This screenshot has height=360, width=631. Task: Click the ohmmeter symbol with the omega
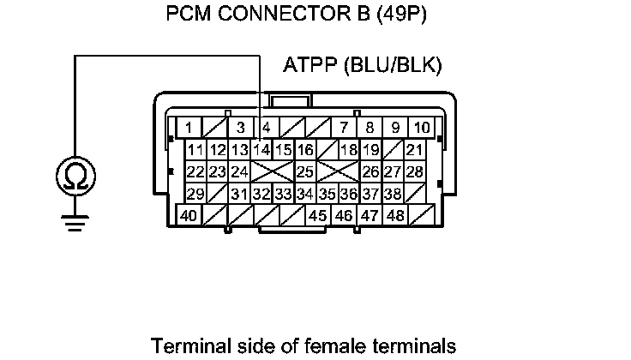point(75,177)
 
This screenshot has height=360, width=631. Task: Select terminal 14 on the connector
point(262,150)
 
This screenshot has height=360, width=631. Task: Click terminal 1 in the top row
point(188,129)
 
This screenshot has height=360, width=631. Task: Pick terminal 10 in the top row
point(421,129)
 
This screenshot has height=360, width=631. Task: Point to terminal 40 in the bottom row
point(188,216)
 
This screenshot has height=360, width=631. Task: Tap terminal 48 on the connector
point(395,216)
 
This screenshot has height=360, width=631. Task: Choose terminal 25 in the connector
point(305,171)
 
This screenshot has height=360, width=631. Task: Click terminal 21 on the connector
point(415,150)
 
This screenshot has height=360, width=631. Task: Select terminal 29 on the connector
point(195,194)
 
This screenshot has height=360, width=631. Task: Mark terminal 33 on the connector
point(284,194)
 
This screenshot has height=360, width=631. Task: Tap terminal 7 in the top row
point(344,129)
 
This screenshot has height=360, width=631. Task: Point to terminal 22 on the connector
point(195,171)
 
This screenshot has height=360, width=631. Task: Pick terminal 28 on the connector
point(415,171)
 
